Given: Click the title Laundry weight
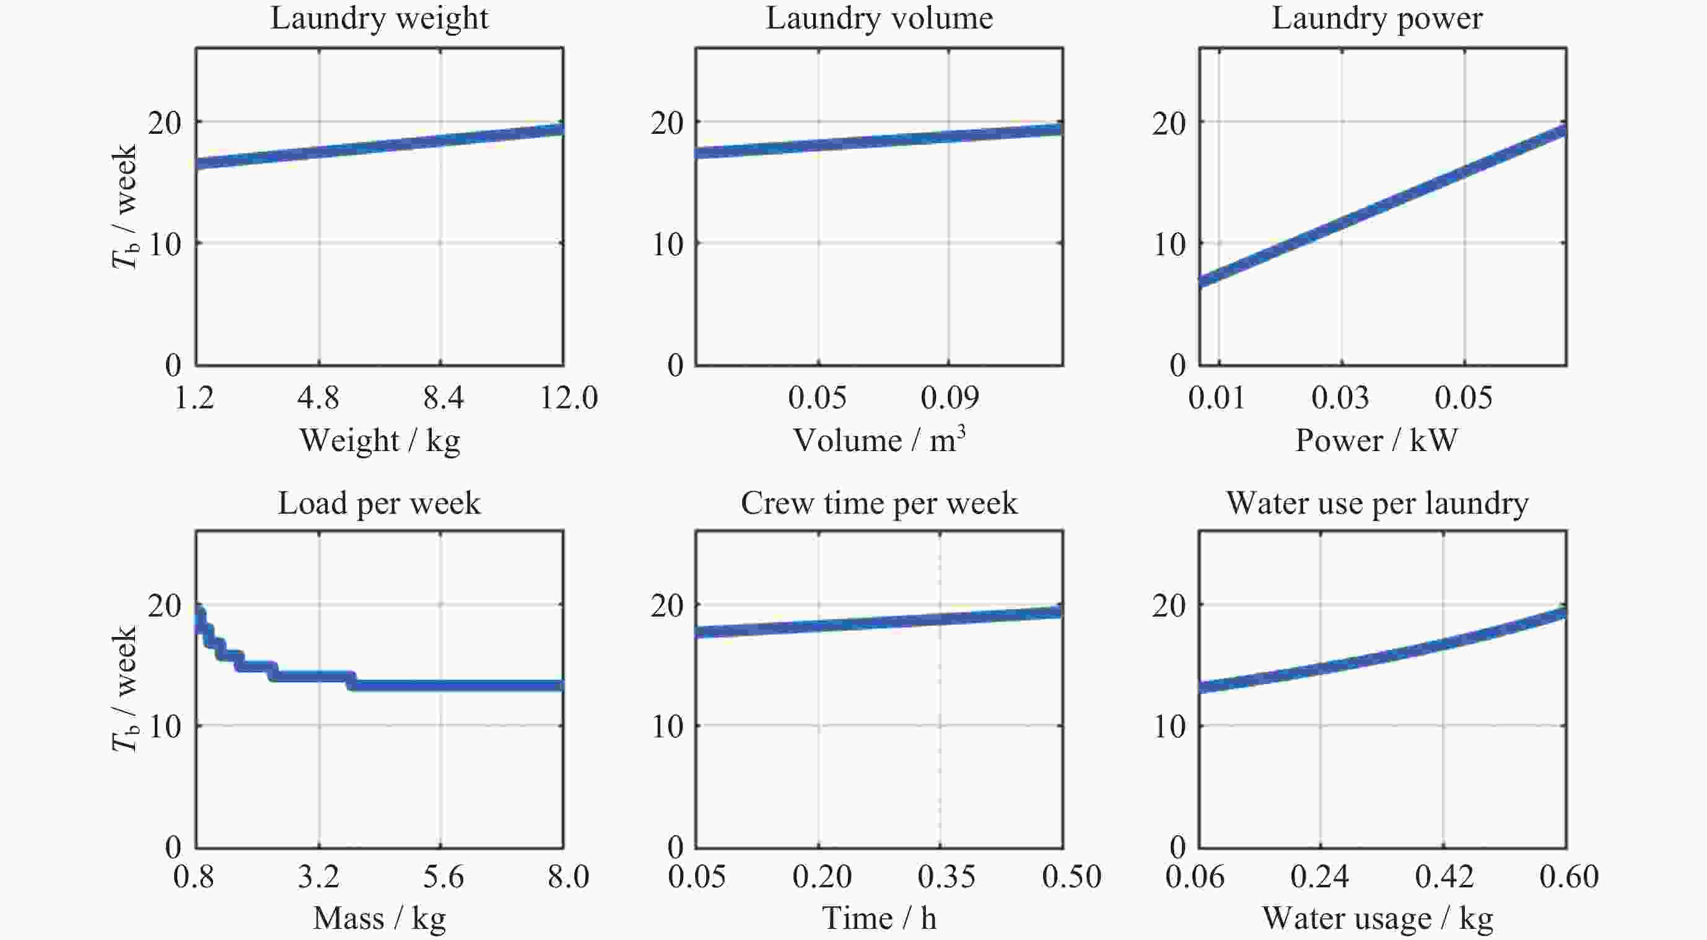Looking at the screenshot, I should click(x=379, y=18).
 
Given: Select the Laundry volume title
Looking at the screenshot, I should click(x=880, y=18).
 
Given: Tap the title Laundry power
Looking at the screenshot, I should click(x=1377, y=18).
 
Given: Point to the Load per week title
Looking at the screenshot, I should click(x=379, y=503).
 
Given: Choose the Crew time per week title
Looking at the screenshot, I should click(x=879, y=503).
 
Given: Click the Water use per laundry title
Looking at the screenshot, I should click(x=1377, y=503).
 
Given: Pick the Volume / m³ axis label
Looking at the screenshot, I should click(x=879, y=439).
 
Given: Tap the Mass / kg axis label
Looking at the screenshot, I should click(x=379, y=919).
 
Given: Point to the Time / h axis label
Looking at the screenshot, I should click(x=879, y=919).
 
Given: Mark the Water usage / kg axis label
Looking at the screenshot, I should click(x=1377, y=919).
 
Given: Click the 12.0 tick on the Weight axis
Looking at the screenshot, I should click(x=569, y=398).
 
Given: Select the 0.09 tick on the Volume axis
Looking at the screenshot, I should click(x=949, y=398).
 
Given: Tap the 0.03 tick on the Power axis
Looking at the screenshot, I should click(x=1340, y=398).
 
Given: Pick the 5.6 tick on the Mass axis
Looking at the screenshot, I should click(x=443, y=877).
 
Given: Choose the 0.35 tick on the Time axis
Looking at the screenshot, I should click(x=946, y=877).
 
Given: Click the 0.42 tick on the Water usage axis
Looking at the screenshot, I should click(x=1444, y=877).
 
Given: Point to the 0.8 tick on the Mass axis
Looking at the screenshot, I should click(x=193, y=877).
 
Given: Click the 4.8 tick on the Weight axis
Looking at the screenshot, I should click(x=318, y=398).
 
